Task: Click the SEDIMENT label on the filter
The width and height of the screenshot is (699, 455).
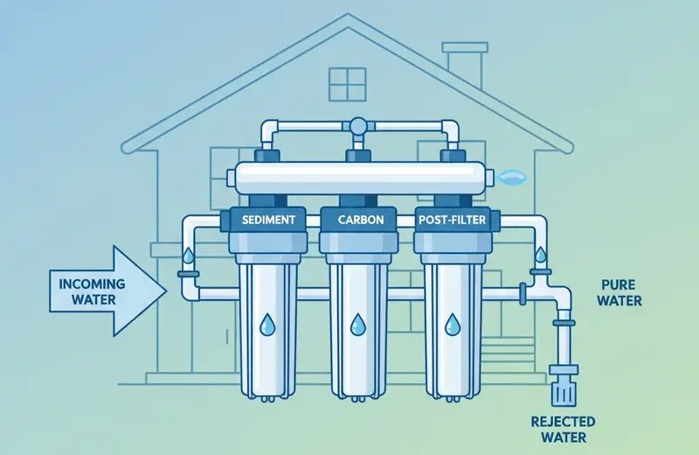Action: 268,220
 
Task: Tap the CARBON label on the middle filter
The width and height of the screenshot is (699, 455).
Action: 361,220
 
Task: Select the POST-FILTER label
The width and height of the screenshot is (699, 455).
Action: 452,220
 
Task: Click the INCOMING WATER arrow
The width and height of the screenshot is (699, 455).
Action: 107,290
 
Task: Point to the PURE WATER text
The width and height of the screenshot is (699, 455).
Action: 619,292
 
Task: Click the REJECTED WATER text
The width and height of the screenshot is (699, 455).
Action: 564,429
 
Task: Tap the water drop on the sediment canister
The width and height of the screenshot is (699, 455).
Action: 267,324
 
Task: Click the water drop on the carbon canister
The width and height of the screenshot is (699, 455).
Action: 358,324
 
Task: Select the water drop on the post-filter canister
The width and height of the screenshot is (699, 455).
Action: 453,324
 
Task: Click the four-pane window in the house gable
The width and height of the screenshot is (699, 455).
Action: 347,84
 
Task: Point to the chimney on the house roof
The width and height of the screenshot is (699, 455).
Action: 465,66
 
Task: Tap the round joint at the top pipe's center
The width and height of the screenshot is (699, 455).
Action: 358,126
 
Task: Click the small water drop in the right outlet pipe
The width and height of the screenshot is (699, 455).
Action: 540,255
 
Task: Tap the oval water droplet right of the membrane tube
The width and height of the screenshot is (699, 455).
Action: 513,178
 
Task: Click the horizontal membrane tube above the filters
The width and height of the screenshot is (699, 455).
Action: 360,178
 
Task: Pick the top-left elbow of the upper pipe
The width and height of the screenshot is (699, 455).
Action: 270,129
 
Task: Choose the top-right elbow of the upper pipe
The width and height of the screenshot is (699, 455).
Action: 450,129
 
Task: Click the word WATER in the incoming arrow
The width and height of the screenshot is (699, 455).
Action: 93,298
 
